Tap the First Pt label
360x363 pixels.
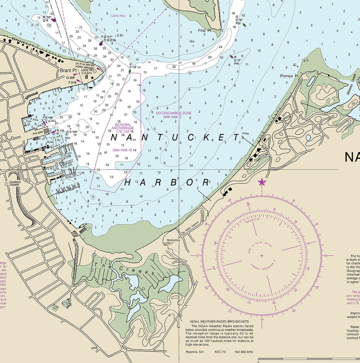204,30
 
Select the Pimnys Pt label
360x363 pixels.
289,76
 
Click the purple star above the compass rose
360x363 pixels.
262,182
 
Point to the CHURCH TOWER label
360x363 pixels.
15,183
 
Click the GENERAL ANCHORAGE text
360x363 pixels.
122,127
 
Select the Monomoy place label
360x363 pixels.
173,241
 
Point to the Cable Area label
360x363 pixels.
118,15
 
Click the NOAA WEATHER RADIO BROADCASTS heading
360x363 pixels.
219,322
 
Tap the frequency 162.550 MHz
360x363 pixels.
244,352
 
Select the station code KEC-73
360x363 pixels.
220,352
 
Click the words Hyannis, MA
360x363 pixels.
195,352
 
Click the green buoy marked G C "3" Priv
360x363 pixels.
244,25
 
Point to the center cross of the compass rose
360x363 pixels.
262,255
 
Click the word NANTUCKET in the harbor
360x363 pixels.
175,137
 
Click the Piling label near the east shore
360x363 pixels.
246,134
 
